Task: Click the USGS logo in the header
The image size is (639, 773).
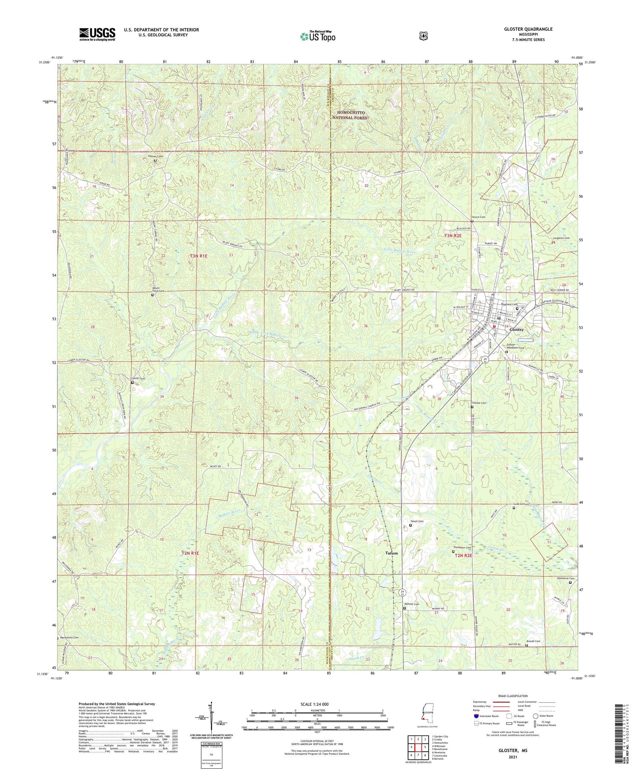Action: point(97,34)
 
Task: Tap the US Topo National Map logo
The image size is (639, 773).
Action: point(317,36)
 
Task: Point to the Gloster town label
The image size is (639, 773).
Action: point(515,330)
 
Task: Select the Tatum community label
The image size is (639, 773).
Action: point(391,553)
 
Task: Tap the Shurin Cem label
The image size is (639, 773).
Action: point(478,217)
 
